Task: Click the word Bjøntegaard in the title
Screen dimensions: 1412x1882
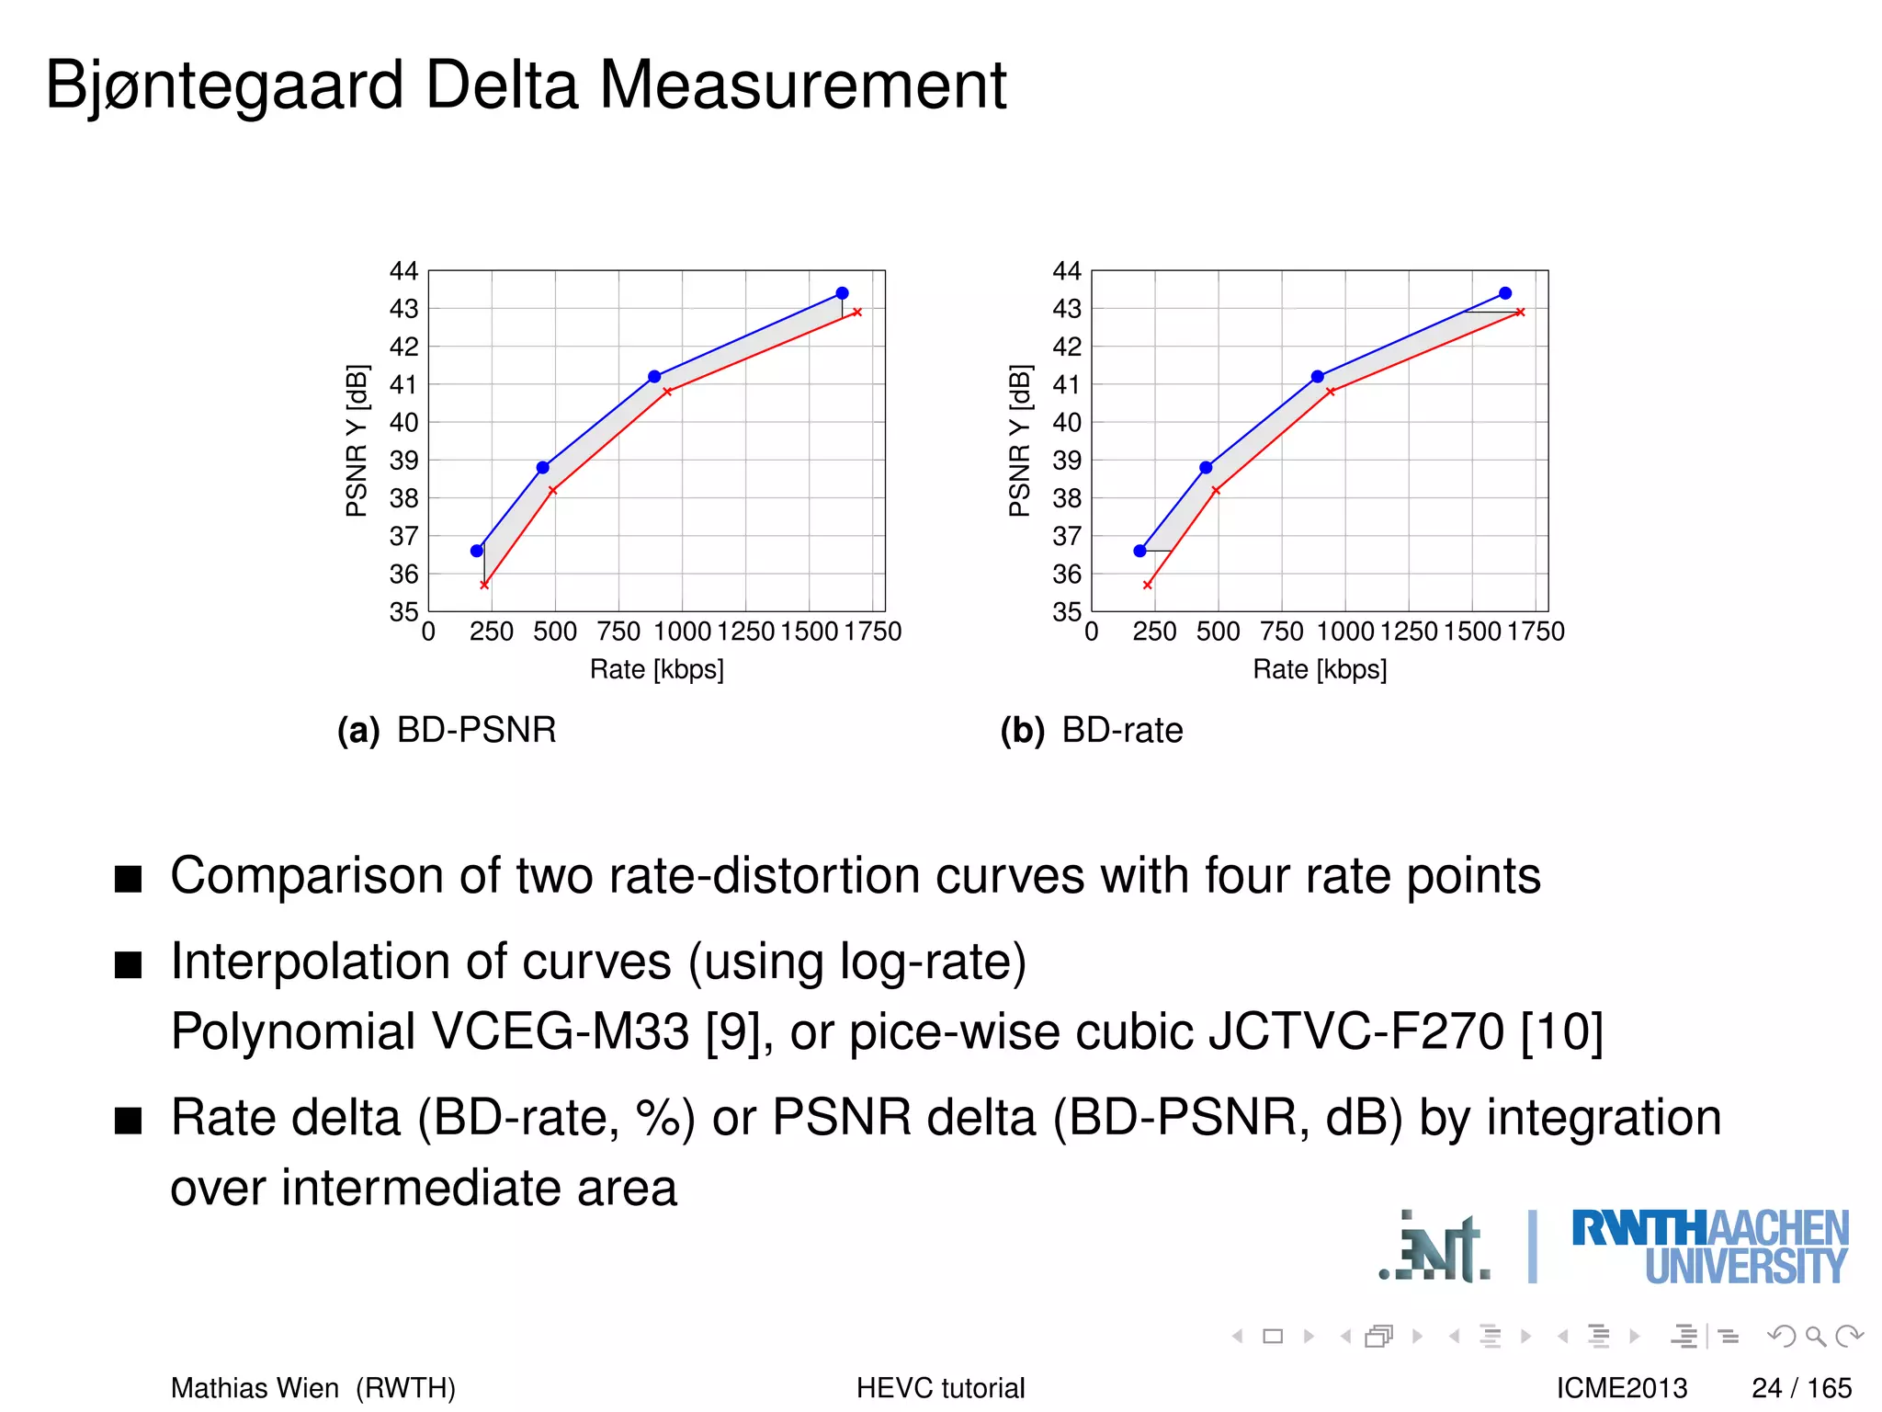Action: [x=224, y=85]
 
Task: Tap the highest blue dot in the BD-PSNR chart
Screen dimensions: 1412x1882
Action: [x=842, y=293]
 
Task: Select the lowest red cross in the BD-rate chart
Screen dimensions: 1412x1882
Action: [x=1147, y=585]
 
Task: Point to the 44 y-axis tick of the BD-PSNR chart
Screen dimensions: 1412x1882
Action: [x=403, y=271]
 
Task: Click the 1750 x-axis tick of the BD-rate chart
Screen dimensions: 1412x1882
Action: [x=1536, y=632]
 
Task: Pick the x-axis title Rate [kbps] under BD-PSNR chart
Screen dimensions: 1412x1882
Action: [x=656, y=669]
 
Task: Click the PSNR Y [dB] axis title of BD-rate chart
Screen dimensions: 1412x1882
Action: [x=1019, y=440]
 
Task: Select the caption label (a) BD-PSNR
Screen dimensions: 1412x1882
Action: [x=447, y=730]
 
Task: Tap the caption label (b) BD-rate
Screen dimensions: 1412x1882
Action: [x=1092, y=730]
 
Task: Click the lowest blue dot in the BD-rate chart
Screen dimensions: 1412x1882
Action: [x=1139, y=551]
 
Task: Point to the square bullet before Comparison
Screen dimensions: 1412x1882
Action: [x=129, y=879]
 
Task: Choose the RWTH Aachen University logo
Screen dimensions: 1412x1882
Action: [x=1709, y=1247]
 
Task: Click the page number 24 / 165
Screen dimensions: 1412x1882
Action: [x=1801, y=1387]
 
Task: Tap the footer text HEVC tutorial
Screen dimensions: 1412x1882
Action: [x=940, y=1387]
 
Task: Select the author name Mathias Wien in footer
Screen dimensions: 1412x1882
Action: [x=255, y=1387]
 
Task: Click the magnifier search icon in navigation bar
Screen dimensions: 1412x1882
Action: [x=1815, y=1336]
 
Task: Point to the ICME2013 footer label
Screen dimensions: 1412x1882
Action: [x=1622, y=1387]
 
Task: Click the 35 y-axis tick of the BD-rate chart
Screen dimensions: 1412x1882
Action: [x=1066, y=611]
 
